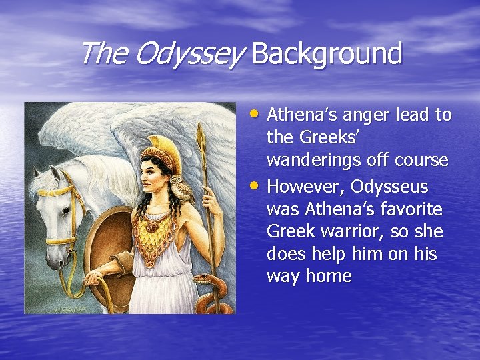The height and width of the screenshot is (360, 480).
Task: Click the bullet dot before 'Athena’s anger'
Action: pyautogui.click(x=258, y=113)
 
